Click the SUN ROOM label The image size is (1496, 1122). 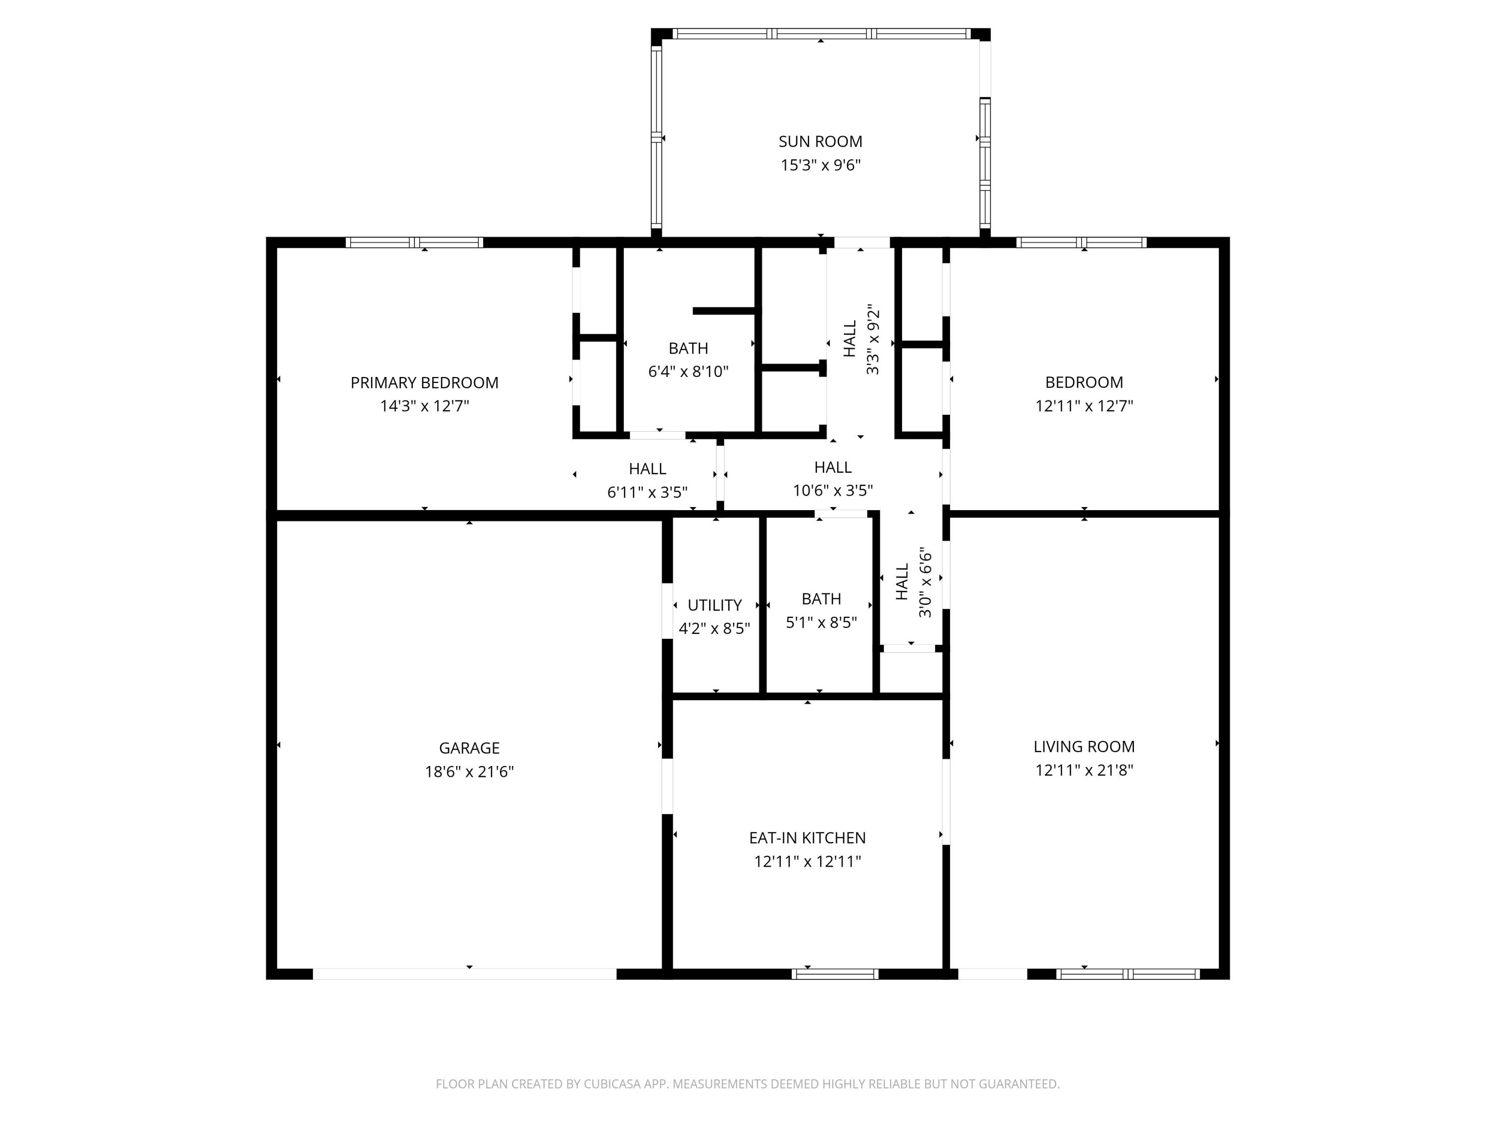point(820,141)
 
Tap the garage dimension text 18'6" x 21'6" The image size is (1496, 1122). point(469,771)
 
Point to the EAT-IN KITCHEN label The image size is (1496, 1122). point(807,838)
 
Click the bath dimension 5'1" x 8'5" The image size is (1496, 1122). point(821,622)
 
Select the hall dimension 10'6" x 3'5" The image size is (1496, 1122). point(833,490)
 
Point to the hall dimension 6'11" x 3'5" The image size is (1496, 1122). point(647,492)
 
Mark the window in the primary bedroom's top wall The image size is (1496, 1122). point(414,242)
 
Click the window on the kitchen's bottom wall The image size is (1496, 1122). point(835,974)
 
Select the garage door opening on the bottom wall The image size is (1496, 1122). point(465,974)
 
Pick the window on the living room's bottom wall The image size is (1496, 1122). point(1127,974)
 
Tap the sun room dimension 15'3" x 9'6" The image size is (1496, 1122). point(820,165)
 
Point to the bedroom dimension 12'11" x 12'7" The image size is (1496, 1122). point(1084,406)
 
